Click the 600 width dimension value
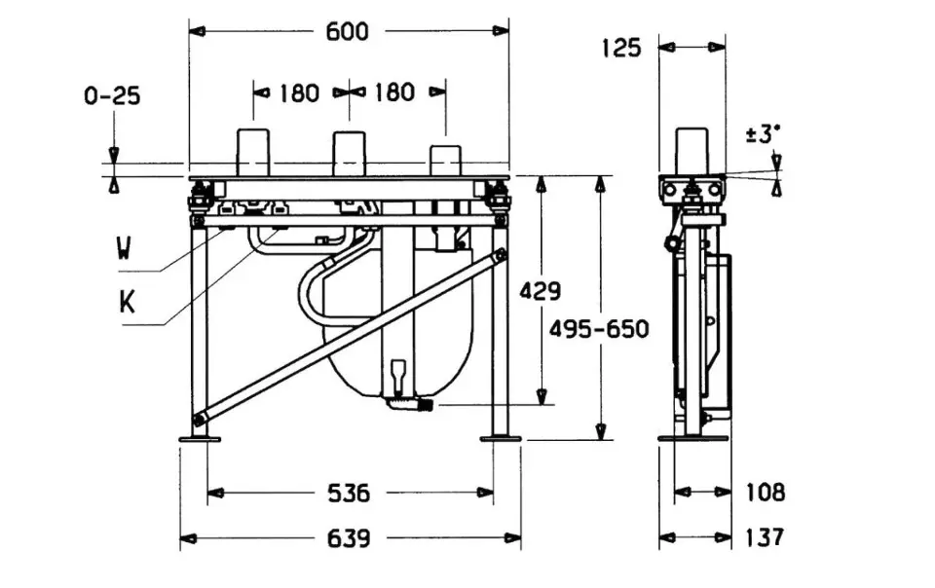(x=347, y=32)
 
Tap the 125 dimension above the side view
(x=621, y=47)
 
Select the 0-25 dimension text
(x=112, y=95)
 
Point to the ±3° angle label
(x=765, y=134)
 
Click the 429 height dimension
(x=541, y=291)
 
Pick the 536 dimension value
(x=348, y=494)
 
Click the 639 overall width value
(x=347, y=538)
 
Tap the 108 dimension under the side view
(x=765, y=494)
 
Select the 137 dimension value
(x=765, y=537)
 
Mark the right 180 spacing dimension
(x=394, y=92)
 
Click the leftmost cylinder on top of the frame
(x=254, y=153)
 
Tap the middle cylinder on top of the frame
(x=349, y=154)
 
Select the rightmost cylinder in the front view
(x=445, y=161)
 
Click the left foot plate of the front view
(x=201, y=440)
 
